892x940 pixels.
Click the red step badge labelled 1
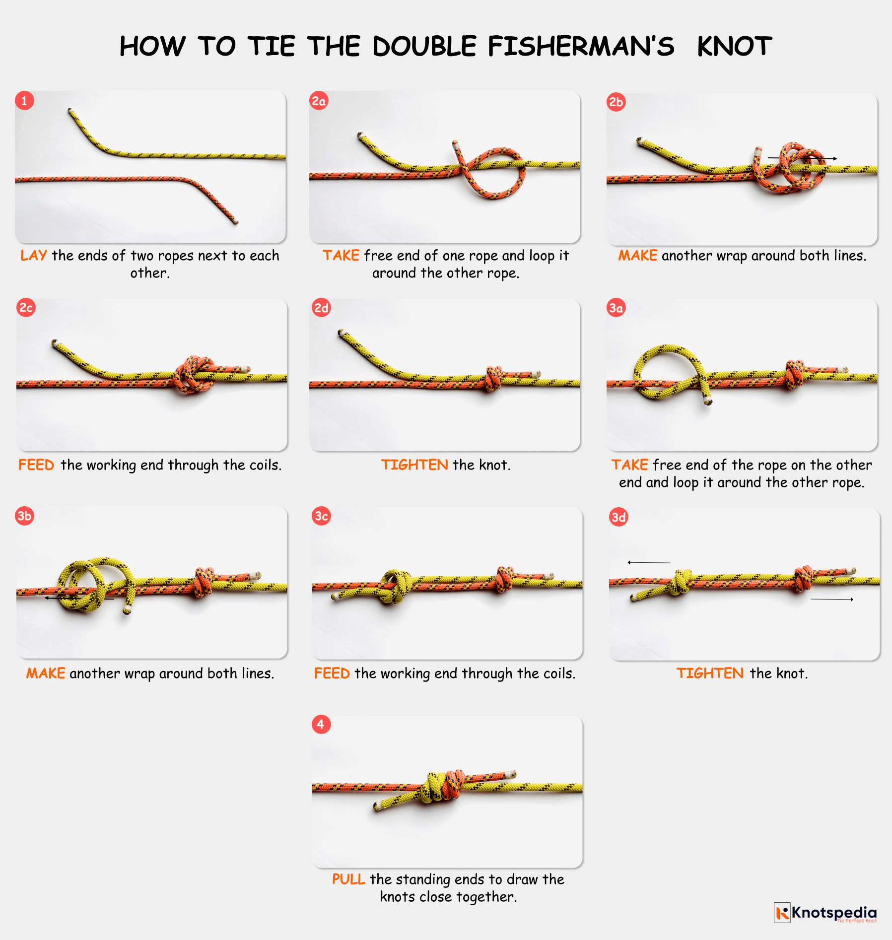[x=24, y=100]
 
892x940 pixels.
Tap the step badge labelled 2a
[x=318, y=101]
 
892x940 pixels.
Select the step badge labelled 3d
[x=618, y=517]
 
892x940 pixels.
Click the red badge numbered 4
[x=321, y=724]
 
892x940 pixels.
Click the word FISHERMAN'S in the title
[x=581, y=46]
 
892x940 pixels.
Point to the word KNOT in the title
[x=734, y=46]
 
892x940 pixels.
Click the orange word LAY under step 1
[x=33, y=255]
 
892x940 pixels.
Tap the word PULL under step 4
[x=348, y=879]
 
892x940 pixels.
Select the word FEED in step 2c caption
[x=36, y=465]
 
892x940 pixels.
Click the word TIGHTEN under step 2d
[x=414, y=465]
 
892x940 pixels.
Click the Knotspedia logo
[x=825, y=913]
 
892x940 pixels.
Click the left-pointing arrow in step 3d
[x=648, y=562]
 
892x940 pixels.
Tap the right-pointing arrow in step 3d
[x=832, y=600]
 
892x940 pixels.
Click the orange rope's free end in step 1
[x=235, y=221]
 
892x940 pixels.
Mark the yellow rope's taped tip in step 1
[x=70, y=111]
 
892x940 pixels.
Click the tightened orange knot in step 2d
[x=493, y=379]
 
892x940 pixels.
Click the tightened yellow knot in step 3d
[x=680, y=582]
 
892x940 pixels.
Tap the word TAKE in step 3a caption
[x=629, y=465]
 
